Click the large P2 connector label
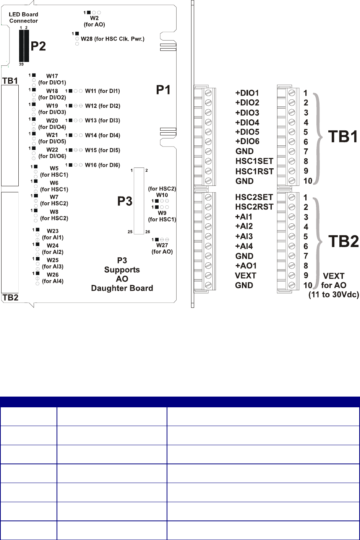(x=38, y=46)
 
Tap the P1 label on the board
(x=163, y=90)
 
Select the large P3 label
(x=125, y=201)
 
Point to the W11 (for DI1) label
(x=102, y=91)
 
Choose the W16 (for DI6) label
(x=102, y=165)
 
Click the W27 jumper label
(x=162, y=246)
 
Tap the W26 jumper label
(x=53, y=275)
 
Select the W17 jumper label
(x=52, y=76)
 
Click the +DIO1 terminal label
(x=247, y=93)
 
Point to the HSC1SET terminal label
(x=254, y=161)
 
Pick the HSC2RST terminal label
(x=254, y=207)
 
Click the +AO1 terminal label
(x=246, y=266)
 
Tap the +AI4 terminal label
(x=244, y=246)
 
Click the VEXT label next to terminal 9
(x=245, y=276)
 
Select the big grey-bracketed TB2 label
(x=344, y=241)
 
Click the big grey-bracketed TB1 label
(x=343, y=137)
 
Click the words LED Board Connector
(x=23, y=18)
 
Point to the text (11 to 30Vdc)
(x=334, y=295)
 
